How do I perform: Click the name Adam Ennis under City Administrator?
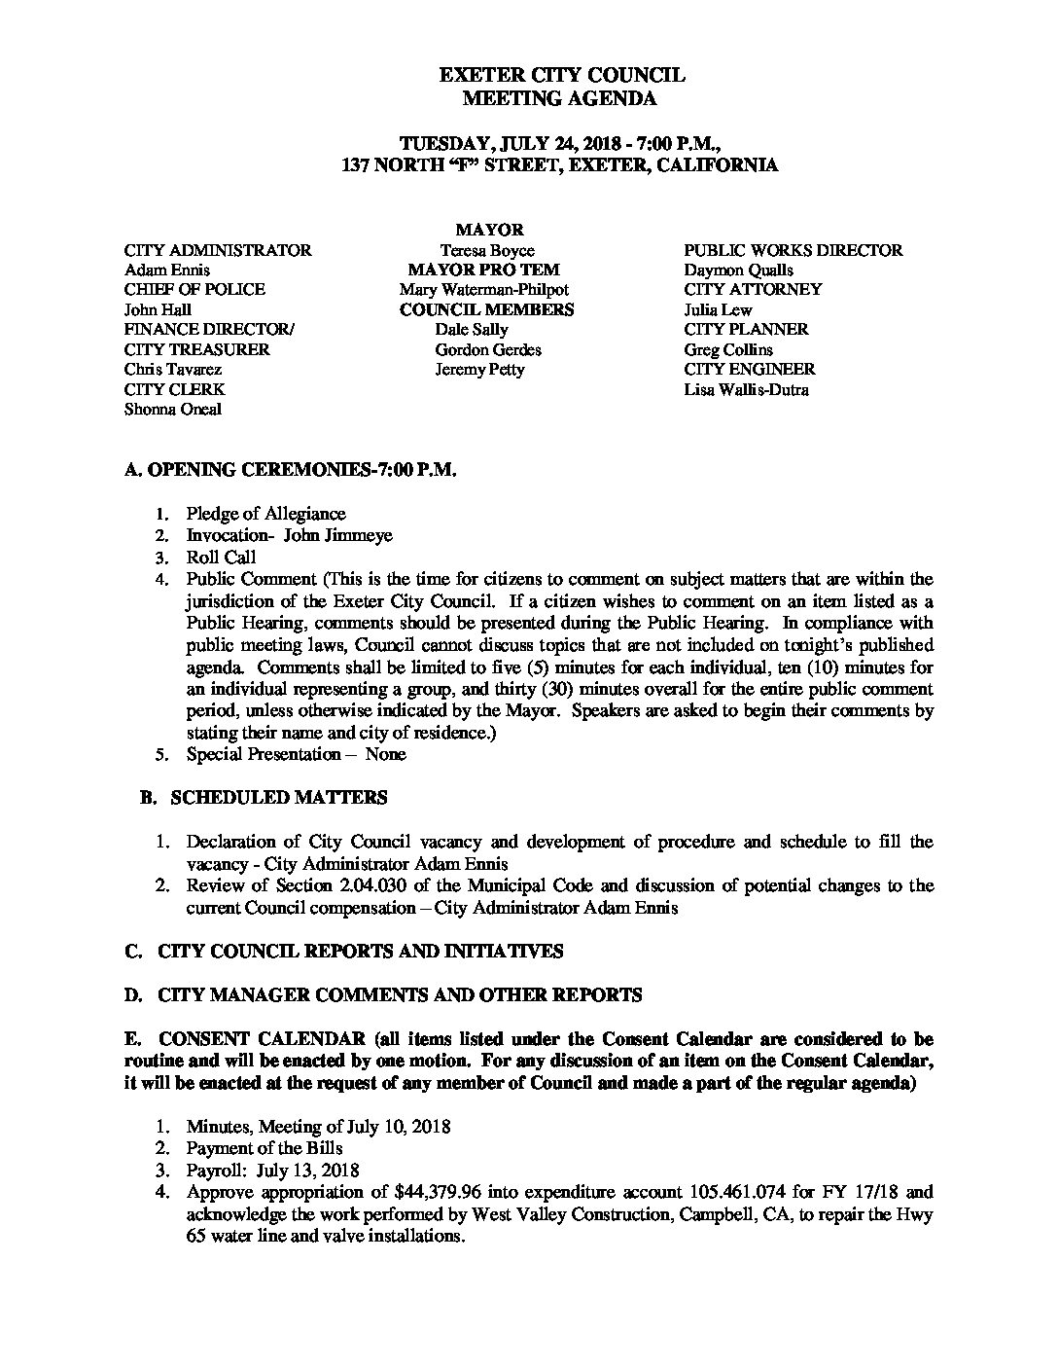tap(166, 270)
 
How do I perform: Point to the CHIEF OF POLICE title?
tap(194, 289)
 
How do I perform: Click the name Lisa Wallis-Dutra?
tap(746, 389)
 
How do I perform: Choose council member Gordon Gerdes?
tap(488, 349)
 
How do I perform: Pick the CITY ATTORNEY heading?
tap(753, 289)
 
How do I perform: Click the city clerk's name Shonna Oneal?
tap(172, 409)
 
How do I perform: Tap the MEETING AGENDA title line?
tap(558, 97)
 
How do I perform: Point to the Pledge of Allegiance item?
tap(265, 513)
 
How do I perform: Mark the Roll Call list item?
tap(221, 558)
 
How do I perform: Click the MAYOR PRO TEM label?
tap(483, 270)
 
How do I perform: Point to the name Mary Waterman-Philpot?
tap(483, 289)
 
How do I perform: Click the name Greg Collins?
tap(728, 349)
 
